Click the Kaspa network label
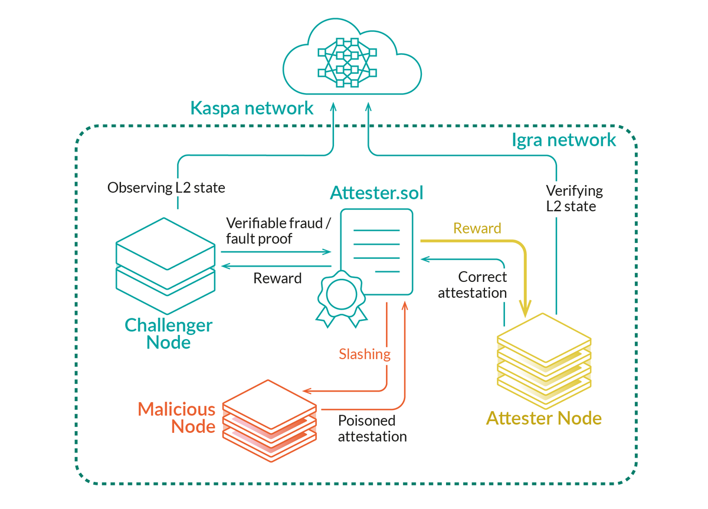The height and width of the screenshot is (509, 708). tap(252, 108)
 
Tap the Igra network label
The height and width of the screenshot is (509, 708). tap(563, 140)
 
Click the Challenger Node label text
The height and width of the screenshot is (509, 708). tap(169, 333)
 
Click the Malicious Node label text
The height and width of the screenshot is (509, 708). tap(177, 418)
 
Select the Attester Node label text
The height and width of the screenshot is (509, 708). tap(543, 419)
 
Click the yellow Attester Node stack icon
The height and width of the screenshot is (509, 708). tap(543, 359)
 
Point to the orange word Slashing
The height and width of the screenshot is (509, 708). tap(365, 354)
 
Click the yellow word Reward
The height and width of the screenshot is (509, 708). tap(477, 228)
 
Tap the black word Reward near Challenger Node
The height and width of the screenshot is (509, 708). tap(277, 278)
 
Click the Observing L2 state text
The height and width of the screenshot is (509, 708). tap(166, 188)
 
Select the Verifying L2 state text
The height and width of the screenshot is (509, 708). tap(574, 199)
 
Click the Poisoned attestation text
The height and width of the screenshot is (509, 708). tap(372, 429)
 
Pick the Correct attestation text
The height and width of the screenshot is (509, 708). tap(473, 285)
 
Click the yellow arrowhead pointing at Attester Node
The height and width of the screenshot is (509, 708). tap(525, 308)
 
